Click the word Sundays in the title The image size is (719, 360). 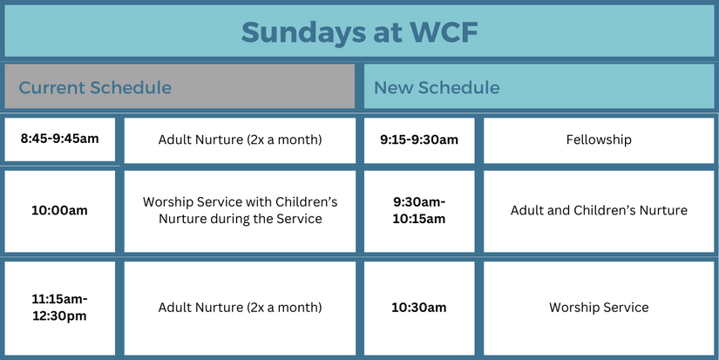(x=298, y=31)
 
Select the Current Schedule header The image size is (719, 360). (x=179, y=87)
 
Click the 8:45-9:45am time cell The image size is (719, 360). (x=59, y=139)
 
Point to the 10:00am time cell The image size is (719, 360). (x=59, y=210)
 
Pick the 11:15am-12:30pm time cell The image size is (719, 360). (x=59, y=307)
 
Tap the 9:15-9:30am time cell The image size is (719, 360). (x=419, y=139)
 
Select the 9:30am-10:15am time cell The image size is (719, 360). (x=419, y=210)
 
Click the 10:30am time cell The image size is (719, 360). (x=419, y=307)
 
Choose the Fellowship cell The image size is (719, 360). (x=599, y=139)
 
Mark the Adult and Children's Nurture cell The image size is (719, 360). (x=599, y=210)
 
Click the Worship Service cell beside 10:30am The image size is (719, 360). (x=599, y=307)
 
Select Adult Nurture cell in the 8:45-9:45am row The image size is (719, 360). (x=240, y=139)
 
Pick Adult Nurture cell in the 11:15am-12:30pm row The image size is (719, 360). (x=240, y=307)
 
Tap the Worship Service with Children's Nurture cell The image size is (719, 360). (x=240, y=210)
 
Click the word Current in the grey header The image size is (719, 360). (x=51, y=87)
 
